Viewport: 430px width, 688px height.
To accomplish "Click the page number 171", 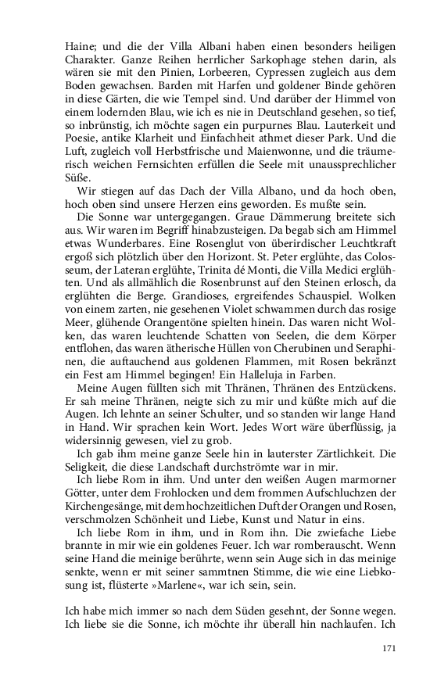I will [x=388, y=648].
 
